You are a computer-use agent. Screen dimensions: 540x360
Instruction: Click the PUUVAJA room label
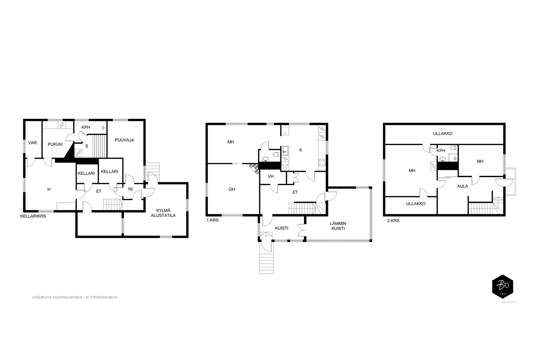(125, 140)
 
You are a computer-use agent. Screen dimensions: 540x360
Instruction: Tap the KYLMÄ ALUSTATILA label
(163, 213)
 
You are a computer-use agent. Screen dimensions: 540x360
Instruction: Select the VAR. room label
(33, 143)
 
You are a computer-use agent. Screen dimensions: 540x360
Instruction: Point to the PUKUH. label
(55, 144)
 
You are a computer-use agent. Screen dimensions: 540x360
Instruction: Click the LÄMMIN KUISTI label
(338, 226)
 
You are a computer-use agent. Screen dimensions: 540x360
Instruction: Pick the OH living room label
(232, 189)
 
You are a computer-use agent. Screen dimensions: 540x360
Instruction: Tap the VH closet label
(271, 176)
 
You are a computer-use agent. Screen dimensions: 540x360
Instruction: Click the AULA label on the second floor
(463, 186)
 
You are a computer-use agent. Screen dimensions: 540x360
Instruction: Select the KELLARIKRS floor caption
(33, 216)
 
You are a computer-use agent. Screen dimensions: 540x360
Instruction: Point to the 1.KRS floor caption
(213, 220)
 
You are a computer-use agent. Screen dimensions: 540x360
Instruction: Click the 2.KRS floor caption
(394, 220)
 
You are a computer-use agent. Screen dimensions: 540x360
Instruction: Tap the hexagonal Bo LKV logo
(503, 286)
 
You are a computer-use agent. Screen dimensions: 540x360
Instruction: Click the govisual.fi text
(509, 302)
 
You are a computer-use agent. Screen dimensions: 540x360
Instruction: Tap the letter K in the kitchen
(301, 150)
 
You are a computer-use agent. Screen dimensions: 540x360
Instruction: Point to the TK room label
(130, 189)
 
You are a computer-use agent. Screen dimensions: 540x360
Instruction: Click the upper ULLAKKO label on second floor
(443, 134)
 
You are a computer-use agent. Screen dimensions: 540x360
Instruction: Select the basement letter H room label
(49, 189)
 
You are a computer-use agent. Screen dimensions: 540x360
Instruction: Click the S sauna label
(86, 146)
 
